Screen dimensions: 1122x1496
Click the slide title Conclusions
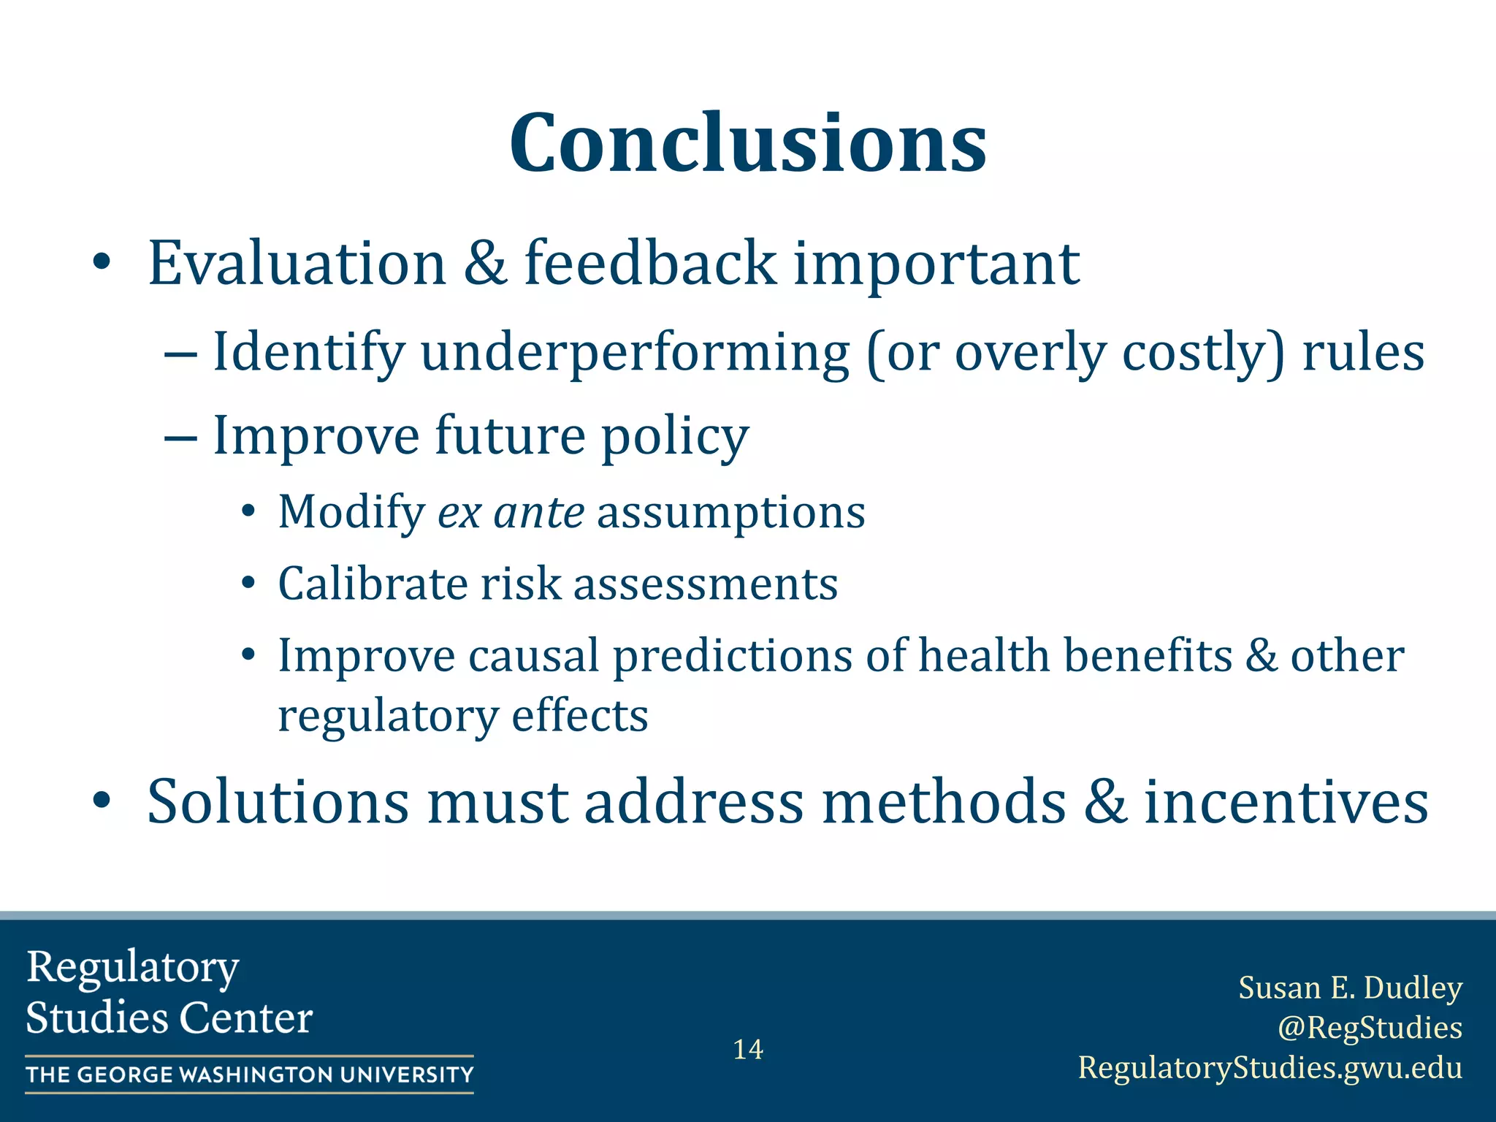pos(748,143)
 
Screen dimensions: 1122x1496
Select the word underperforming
pos(635,353)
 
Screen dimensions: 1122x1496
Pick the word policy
pos(675,436)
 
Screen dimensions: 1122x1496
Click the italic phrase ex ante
pos(511,512)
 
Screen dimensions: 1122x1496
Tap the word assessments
pos(705,585)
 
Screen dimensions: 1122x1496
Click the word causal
pos(533,655)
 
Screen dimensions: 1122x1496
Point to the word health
pos(983,655)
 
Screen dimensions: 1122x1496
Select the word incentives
pos(1286,802)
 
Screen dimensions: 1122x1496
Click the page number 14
pos(748,1050)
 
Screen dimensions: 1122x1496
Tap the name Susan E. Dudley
pos(1350,988)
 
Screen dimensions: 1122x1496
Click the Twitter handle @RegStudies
pos(1370,1027)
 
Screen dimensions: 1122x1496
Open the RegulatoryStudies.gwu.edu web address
pos(1270,1067)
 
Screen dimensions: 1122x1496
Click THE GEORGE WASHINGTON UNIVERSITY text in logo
pos(250,1075)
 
